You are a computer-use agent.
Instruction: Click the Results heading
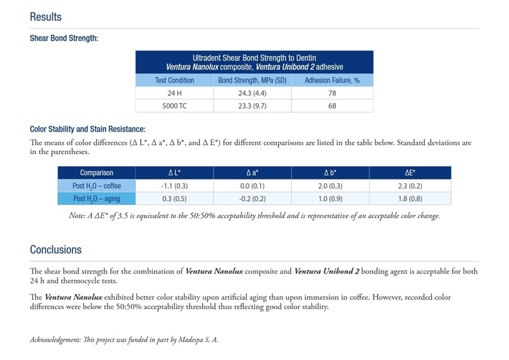point(46,17)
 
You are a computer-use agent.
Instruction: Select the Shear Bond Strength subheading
point(64,38)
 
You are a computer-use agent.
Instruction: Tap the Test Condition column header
point(174,80)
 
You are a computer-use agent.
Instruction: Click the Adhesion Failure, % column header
point(332,80)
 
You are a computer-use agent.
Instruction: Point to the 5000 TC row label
point(174,106)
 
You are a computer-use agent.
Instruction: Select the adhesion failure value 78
point(332,93)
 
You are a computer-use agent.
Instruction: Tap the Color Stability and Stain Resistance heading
point(88,129)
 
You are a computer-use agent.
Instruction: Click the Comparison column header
point(97,172)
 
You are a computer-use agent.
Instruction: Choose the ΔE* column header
point(410,172)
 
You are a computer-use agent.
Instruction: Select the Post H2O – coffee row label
point(97,186)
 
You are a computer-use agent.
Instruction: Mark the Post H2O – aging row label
point(97,199)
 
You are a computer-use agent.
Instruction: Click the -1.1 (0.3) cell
point(174,186)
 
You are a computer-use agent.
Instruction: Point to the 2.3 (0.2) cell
point(410,186)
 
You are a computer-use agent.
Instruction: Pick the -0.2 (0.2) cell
point(253,199)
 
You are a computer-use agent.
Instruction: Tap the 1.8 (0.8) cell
point(410,199)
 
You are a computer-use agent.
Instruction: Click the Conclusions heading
point(55,249)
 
